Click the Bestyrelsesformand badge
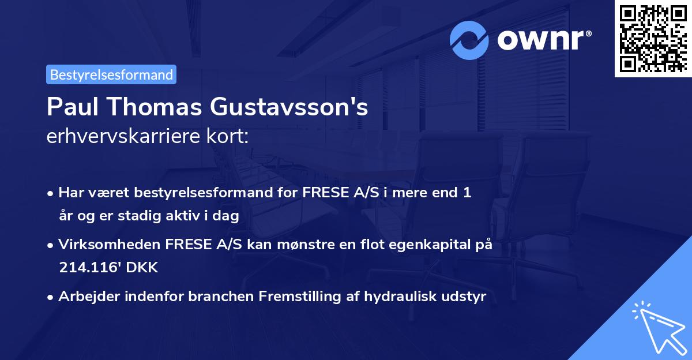pyautogui.click(x=111, y=74)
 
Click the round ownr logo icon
pyautogui.click(x=469, y=40)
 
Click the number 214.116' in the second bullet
pyautogui.click(x=86, y=268)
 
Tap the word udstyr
pyautogui.click(x=465, y=297)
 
